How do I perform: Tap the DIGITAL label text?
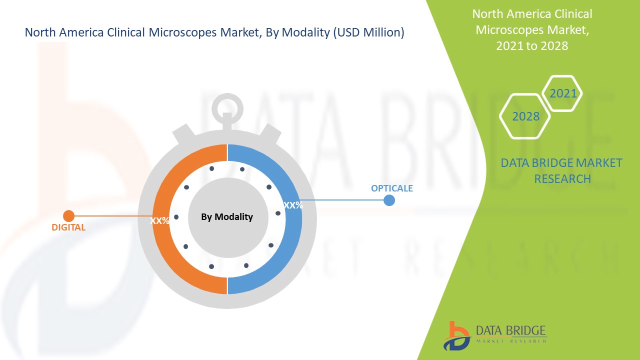point(68,227)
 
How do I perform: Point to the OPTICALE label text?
point(391,188)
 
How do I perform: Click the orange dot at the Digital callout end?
point(68,216)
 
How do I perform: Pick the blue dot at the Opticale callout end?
point(389,200)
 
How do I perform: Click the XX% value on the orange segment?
point(160,220)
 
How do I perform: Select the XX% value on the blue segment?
point(293,205)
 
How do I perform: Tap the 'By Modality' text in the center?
point(227,217)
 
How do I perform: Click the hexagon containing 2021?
point(562,93)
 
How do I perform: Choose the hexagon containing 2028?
point(525,116)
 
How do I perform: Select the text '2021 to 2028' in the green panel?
point(532,45)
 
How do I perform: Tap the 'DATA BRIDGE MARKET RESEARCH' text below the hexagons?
point(562,170)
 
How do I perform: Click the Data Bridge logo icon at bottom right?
point(456,335)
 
